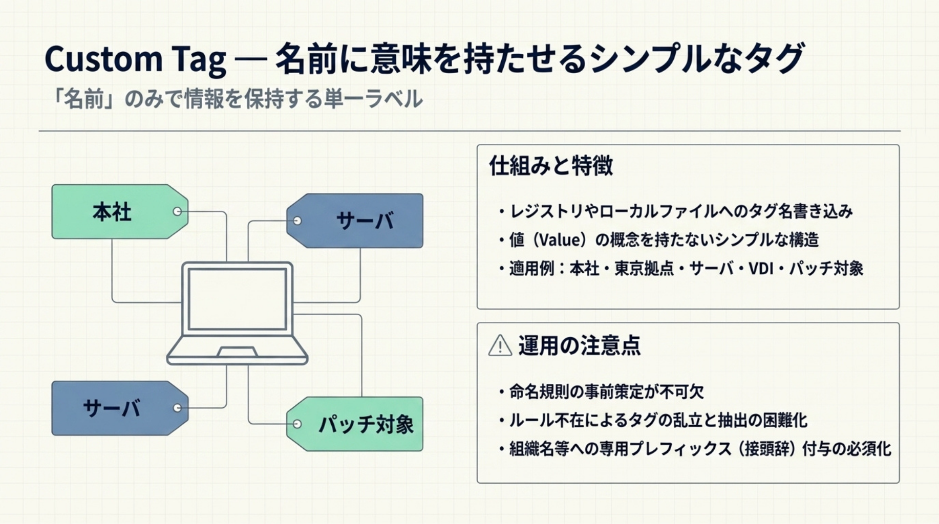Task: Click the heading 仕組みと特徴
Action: coord(551,166)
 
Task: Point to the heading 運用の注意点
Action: coord(579,345)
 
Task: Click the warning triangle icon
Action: coord(500,345)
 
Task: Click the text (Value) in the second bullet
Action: coord(560,239)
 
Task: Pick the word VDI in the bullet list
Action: coord(760,268)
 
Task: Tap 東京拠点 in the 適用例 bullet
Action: coord(644,268)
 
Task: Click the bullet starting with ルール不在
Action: coord(657,421)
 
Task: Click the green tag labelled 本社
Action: coord(113,212)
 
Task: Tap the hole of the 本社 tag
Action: coord(177,211)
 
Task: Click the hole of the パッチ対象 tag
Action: coord(297,424)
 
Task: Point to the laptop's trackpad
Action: coord(237,352)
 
